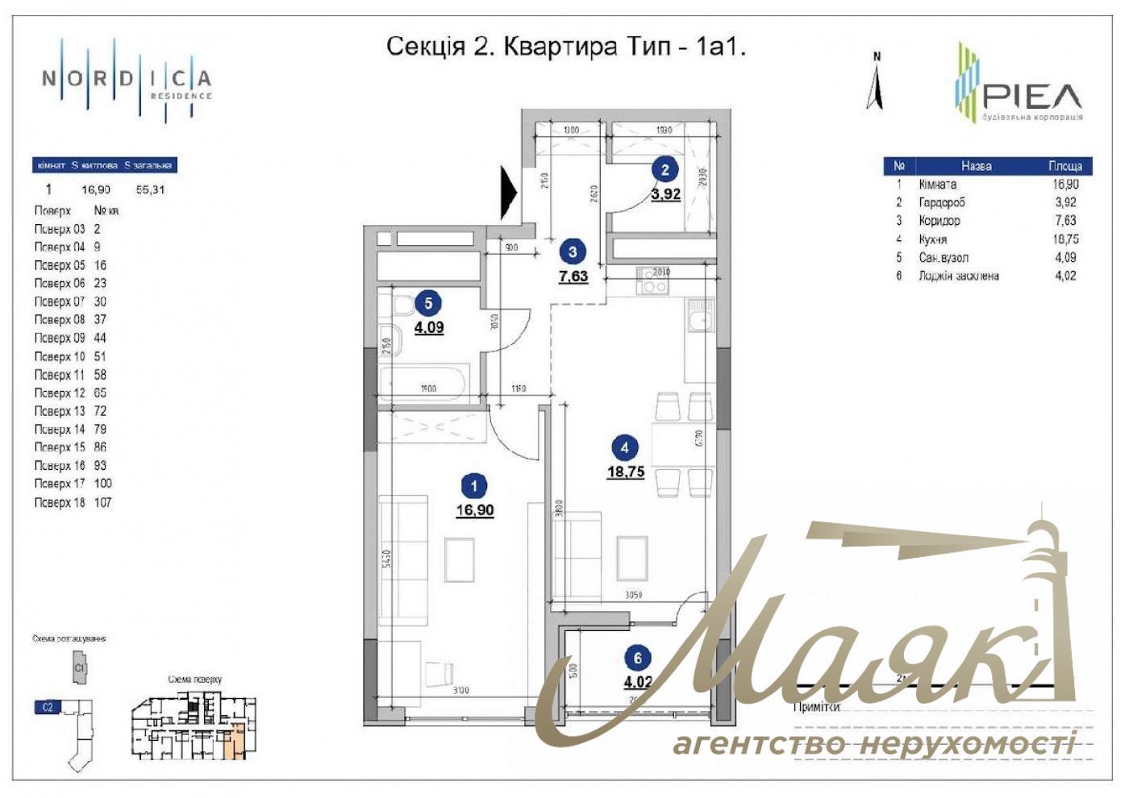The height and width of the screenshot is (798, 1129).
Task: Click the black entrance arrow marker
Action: (509, 193)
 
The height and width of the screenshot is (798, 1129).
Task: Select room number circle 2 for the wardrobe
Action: (664, 170)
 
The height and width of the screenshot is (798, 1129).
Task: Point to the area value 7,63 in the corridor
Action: (573, 276)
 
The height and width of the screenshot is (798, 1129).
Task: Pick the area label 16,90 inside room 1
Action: (474, 510)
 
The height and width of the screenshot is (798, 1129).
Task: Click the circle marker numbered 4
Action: (624, 447)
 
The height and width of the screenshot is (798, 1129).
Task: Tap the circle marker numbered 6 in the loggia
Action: (637, 659)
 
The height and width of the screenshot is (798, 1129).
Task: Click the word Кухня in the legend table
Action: (933, 239)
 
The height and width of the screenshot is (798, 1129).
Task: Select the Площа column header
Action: (1065, 166)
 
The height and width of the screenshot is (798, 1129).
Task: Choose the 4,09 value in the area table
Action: (1065, 258)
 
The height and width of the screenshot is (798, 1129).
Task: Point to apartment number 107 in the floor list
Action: (102, 502)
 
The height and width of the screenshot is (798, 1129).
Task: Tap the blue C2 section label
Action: (47, 707)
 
